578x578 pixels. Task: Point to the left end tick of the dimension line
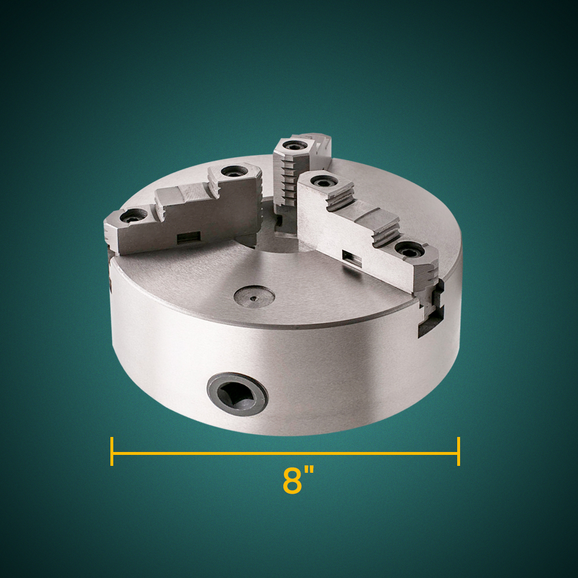112,451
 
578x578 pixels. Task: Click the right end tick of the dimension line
458,451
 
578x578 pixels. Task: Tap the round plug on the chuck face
254,296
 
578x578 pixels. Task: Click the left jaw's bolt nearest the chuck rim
133,217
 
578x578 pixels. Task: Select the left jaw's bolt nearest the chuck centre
232,172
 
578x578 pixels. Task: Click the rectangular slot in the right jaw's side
352,260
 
